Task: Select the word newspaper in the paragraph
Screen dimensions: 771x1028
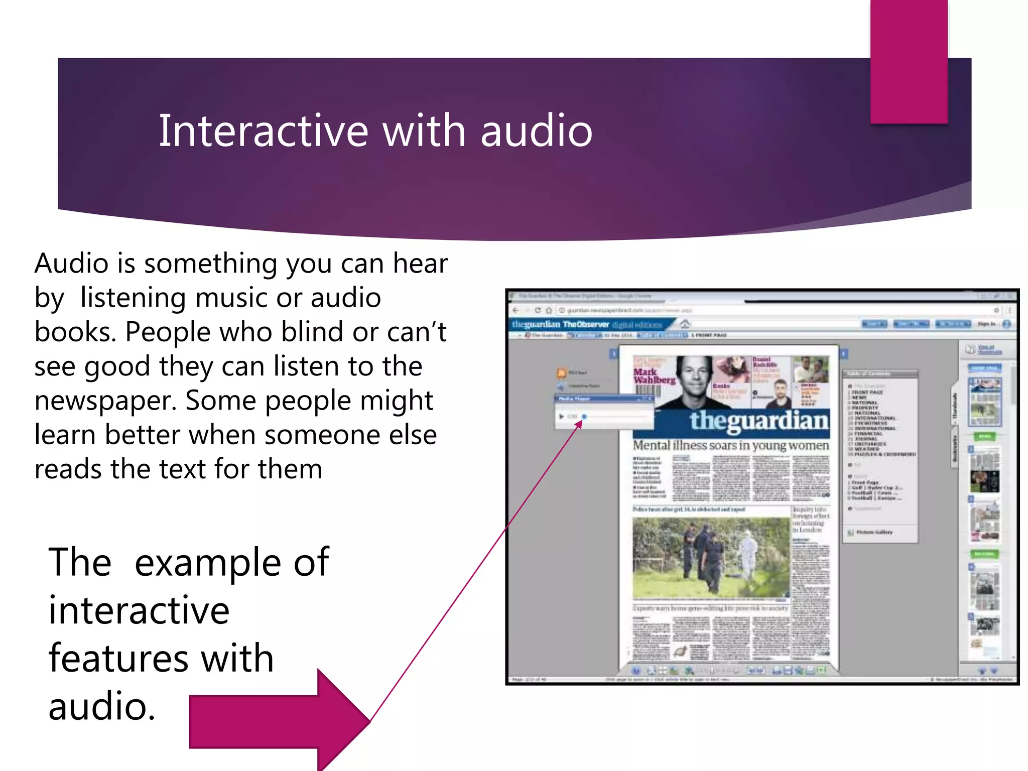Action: click(105, 401)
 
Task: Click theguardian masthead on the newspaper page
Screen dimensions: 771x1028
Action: click(758, 421)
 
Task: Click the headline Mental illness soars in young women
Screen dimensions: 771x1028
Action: click(730, 446)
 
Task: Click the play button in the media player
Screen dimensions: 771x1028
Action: click(561, 417)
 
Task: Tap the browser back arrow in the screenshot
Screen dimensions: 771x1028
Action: click(516, 310)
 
